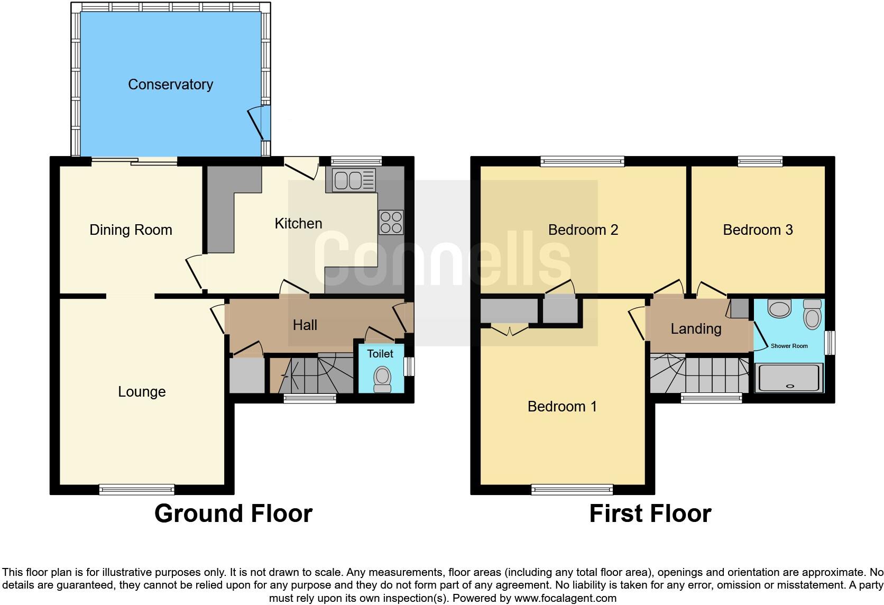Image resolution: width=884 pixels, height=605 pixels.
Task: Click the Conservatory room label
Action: click(x=170, y=85)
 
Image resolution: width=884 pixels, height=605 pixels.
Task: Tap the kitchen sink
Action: click(x=354, y=180)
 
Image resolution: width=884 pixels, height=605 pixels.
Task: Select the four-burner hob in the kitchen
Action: click(x=391, y=222)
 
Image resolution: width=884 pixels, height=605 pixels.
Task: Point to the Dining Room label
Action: click(x=131, y=230)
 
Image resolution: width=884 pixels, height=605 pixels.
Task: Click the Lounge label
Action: click(x=142, y=392)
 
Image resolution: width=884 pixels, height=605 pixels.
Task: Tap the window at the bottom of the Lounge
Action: click(x=136, y=490)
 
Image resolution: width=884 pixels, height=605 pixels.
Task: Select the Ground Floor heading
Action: click(x=233, y=514)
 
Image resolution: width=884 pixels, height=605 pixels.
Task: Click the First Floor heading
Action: click(x=650, y=514)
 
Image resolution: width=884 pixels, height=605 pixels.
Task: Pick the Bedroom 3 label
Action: click(x=758, y=230)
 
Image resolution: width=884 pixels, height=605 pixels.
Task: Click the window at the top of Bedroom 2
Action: click(x=582, y=161)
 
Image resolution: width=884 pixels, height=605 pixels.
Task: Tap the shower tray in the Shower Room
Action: click(x=788, y=378)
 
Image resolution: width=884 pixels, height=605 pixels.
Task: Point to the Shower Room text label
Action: click(x=789, y=346)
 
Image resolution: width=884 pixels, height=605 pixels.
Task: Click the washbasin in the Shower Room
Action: click(x=779, y=308)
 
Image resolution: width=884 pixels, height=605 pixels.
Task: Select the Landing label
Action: click(x=696, y=329)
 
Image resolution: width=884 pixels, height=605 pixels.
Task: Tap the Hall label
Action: click(x=305, y=325)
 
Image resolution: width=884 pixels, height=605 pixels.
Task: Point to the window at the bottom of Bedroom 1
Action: click(x=572, y=490)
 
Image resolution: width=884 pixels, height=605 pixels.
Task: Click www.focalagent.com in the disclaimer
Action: click(x=565, y=599)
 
